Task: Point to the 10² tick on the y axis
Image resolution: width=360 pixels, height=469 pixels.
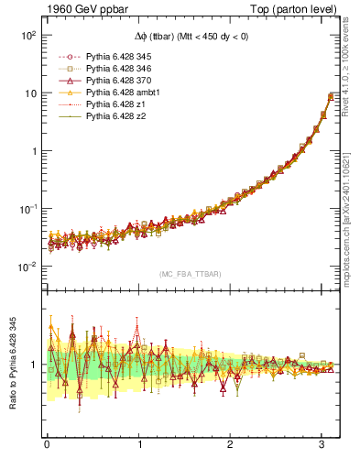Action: pyautogui.click(x=27, y=35)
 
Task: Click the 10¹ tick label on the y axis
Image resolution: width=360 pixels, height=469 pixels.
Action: pyautogui.click(x=27, y=93)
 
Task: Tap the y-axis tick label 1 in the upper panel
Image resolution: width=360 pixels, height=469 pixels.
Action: pyautogui.click(x=32, y=151)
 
